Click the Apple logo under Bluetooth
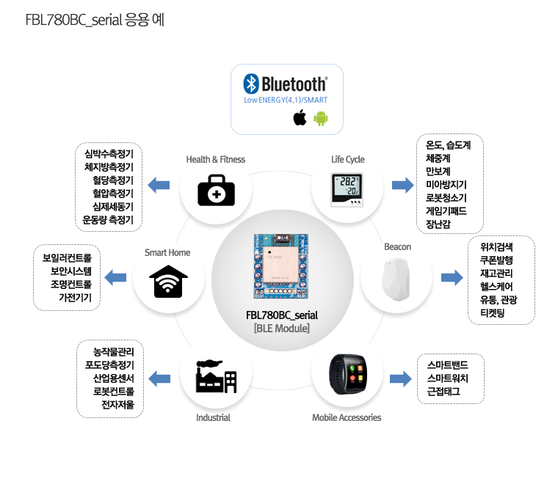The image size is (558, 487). point(300,118)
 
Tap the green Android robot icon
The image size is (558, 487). point(321,118)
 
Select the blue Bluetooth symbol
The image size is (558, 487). point(251,84)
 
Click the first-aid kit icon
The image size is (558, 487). point(217,190)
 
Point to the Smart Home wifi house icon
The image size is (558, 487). point(168,280)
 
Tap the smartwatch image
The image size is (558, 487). point(347,374)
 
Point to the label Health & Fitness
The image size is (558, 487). point(216,159)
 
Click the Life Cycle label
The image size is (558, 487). point(348,159)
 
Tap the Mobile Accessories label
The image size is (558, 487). point(347,417)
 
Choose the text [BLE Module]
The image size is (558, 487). point(282,329)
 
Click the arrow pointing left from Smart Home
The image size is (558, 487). point(115,277)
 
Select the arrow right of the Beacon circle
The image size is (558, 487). point(452,277)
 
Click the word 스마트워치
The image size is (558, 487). point(447,378)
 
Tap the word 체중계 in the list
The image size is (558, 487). point(438,158)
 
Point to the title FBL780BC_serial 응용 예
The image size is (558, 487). point(94,20)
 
